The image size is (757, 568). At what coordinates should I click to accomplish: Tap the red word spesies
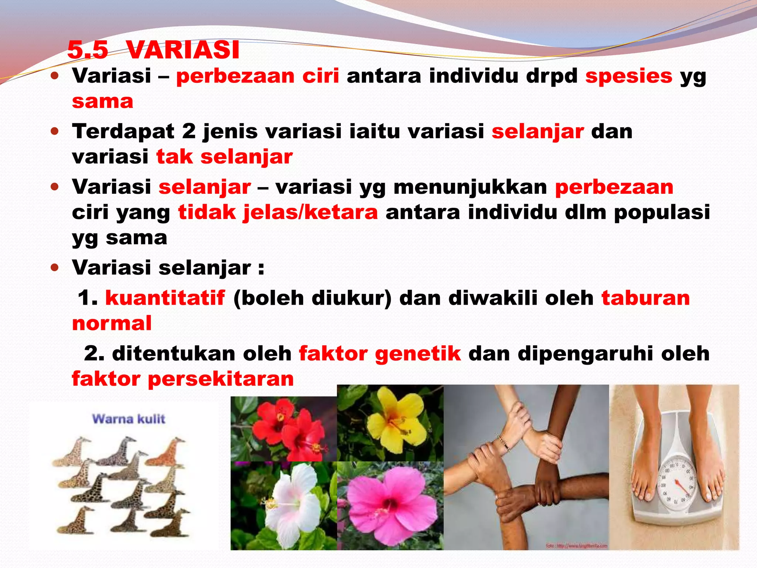(x=628, y=76)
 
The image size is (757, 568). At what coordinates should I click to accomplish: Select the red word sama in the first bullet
(x=102, y=102)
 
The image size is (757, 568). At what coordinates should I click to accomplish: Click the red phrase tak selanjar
(x=224, y=157)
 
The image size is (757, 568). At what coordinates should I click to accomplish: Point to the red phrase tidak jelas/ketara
(x=278, y=213)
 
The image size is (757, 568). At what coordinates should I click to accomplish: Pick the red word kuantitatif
(x=165, y=298)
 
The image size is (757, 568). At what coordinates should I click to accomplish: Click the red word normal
(x=112, y=324)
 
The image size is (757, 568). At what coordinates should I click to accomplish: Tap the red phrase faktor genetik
(x=380, y=354)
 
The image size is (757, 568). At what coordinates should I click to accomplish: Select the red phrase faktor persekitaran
(x=183, y=379)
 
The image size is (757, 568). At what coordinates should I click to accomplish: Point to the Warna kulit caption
(x=129, y=419)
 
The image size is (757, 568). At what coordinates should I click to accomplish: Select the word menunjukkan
(x=470, y=187)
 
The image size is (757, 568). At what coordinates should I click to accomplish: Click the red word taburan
(x=645, y=298)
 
